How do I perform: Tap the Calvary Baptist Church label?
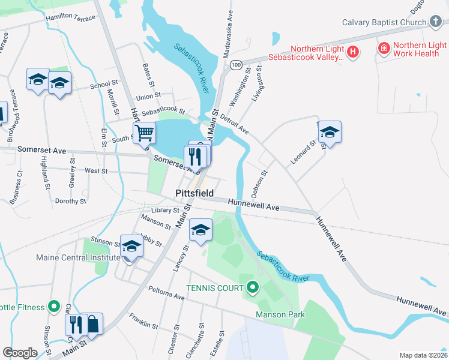pos(384,23)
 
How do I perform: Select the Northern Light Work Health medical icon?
pos(383,47)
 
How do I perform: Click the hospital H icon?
pos(354,52)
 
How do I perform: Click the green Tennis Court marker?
pos(252,289)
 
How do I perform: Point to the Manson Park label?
pos(280,314)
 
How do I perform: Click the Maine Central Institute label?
pos(78,258)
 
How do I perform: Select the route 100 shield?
pos(237,64)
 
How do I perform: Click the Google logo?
pos(20,353)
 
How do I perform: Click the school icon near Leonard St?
pos(330,132)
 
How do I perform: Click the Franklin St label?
pos(143,321)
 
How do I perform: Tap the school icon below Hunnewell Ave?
pos(201,230)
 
